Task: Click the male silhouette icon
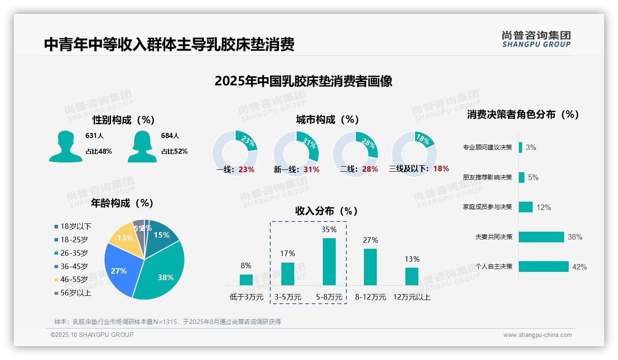tap(65, 146)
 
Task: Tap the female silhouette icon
tap(142, 146)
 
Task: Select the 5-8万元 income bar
tap(329, 262)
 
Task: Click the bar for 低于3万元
tap(246, 280)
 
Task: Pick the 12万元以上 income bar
tap(412, 276)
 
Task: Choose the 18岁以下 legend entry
tap(73, 226)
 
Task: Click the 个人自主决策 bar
tap(544, 266)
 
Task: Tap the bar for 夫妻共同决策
tap(541, 237)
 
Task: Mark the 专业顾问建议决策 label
tap(487, 148)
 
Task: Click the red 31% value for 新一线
tap(311, 169)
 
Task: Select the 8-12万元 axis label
tap(370, 297)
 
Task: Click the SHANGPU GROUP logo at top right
tap(536, 39)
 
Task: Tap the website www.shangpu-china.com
tap(537, 335)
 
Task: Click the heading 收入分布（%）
tap(327, 211)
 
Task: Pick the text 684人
tap(170, 136)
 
